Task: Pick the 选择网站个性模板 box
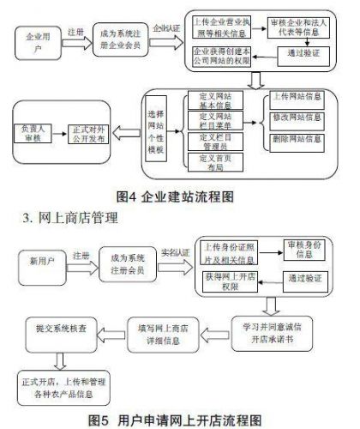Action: (156, 133)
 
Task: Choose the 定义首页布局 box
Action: (213, 161)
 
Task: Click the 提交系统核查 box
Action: (62, 327)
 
